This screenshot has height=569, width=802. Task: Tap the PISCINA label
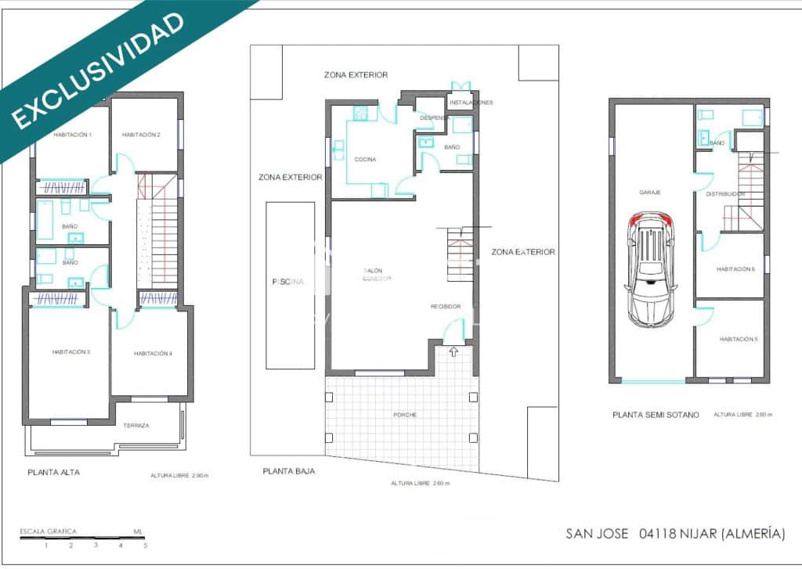pyautogui.click(x=287, y=282)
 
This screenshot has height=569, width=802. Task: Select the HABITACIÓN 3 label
pyautogui.click(x=71, y=352)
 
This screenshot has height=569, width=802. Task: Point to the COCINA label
pyautogui.click(x=365, y=160)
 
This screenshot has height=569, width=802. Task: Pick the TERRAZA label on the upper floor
pyautogui.click(x=136, y=426)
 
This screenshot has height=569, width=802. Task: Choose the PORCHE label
pyautogui.click(x=405, y=415)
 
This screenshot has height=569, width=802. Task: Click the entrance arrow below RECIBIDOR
pyautogui.click(x=453, y=352)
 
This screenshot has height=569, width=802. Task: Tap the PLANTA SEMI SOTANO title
pyautogui.click(x=656, y=415)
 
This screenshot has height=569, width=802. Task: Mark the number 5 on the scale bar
pyautogui.click(x=146, y=545)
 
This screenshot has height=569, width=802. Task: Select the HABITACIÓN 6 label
pyautogui.click(x=736, y=269)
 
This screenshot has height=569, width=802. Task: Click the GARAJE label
pyautogui.click(x=650, y=193)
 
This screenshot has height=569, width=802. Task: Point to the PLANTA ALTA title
pyautogui.click(x=53, y=472)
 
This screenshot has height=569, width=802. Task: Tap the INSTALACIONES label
pyautogui.click(x=471, y=103)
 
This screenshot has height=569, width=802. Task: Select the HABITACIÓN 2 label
pyautogui.click(x=141, y=135)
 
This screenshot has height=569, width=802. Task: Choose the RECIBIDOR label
pyautogui.click(x=445, y=306)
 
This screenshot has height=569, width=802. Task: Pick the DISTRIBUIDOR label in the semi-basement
pyautogui.click(x=724, y=193)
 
